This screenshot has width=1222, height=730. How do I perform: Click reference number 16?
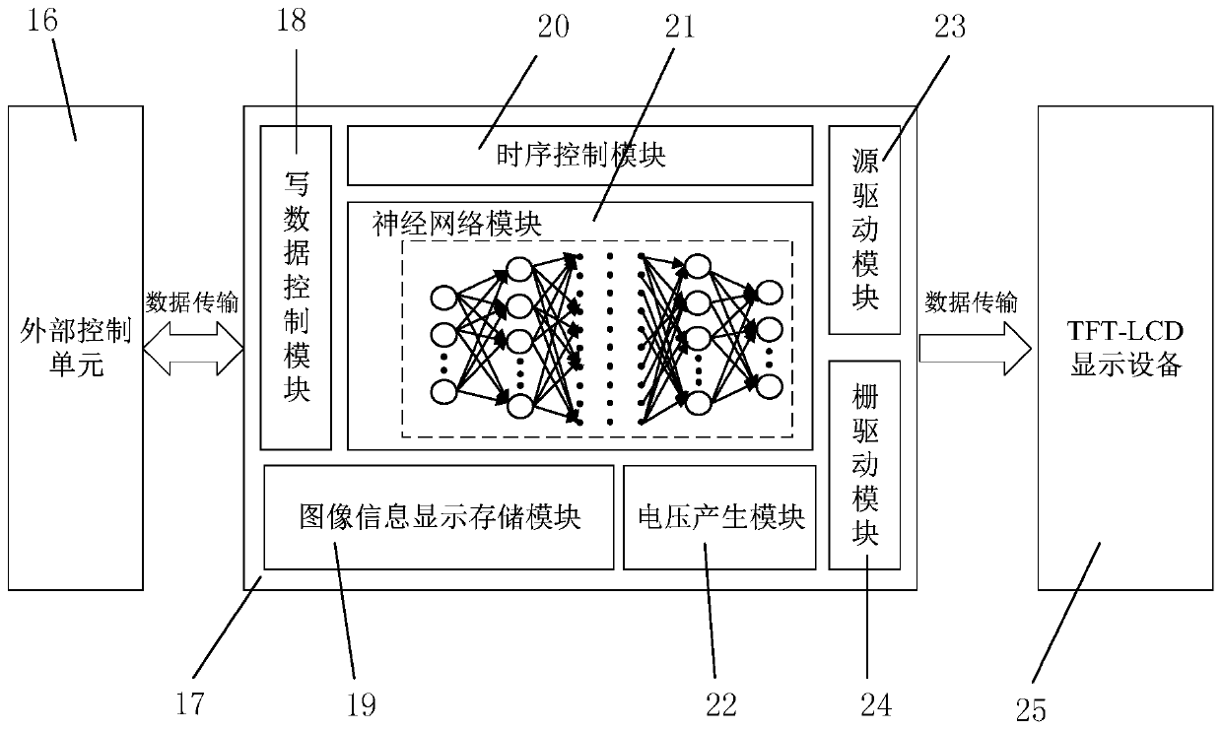(x=42, y=20)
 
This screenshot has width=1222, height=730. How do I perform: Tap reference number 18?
(x=291, y=20)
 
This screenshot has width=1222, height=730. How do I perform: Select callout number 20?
(x=553, y=27)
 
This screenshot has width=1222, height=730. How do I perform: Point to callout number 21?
(x=680, y=27)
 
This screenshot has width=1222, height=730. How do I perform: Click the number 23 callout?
(x=950, y=27)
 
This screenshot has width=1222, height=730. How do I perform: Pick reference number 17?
(x=190, y=703)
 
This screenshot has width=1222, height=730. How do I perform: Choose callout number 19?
(x=361, y=704)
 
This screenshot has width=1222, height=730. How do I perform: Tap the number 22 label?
(x=720, y=704)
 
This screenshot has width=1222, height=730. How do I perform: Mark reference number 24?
(x=876, y=704)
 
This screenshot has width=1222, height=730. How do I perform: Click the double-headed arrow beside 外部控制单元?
(x=193, y=349)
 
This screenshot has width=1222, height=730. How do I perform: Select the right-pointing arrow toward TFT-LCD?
(x=976, y=349)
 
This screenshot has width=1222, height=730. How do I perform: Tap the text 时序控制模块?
(x=581, y=156)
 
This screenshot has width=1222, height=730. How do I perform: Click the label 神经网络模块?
(x=457, y=224)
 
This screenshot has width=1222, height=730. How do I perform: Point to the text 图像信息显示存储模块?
(x=441, y=517)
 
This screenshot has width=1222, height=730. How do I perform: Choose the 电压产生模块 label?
(x=721, y=517)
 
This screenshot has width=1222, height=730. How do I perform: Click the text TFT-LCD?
(x=1124, y=331)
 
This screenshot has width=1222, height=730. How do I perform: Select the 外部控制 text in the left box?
(x=76, y=331)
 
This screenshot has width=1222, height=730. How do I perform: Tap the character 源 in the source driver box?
(x=865, y=161)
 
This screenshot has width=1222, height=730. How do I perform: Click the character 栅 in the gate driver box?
(x=865, y=397)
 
